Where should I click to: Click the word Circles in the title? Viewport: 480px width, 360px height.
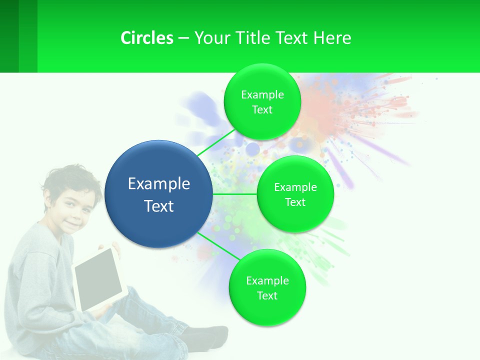(x=146, y=38)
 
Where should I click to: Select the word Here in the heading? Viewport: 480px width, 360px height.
(x=332, y=38)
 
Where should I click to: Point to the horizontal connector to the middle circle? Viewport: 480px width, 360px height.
(x=235, y=193)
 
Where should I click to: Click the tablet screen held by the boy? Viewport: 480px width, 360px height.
(x=98, y=279)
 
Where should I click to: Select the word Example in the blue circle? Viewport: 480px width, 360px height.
(x=159, y=184)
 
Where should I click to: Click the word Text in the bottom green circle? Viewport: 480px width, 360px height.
(x=267, y=295)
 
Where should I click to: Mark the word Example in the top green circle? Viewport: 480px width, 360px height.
(x=262, y=95)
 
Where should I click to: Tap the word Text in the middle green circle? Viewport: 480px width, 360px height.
(x=295, y=202)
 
